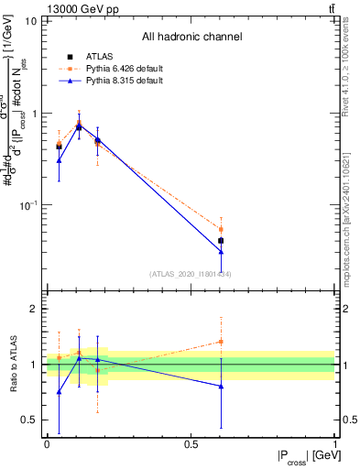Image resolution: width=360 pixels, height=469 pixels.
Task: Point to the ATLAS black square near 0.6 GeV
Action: [x=221, y=241]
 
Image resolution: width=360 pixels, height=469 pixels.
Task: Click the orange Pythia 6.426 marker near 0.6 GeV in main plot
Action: [x=221, y=230]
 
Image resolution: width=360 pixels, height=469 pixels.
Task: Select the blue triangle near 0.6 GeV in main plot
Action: [x=221, y=252]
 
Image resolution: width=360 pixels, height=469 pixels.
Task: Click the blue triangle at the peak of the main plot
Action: [x=79, y=127]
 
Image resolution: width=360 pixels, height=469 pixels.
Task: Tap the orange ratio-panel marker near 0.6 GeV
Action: [x=221, y=342]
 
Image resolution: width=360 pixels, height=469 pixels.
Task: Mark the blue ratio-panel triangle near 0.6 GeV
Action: [x=221, y=387]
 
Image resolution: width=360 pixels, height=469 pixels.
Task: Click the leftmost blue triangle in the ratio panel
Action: [x=59, y=392]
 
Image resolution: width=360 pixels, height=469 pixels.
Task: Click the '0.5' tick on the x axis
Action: [x=191, y=444]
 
